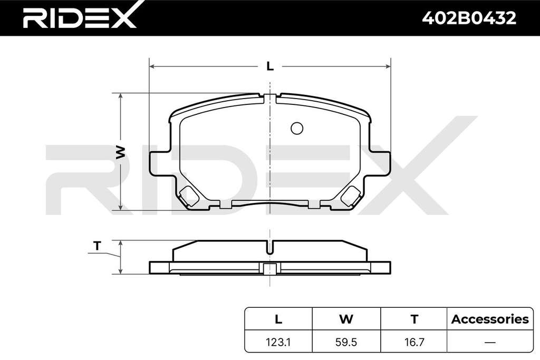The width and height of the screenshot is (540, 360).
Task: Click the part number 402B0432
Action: pos(469,18)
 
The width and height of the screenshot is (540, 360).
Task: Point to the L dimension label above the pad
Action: pos(270,66)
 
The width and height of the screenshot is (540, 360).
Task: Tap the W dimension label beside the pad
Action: pos(120,152)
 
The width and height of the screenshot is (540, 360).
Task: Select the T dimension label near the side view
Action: pos(98,246)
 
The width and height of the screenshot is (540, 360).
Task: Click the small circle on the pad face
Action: pos(297,129)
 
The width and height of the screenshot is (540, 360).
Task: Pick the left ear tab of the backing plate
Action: pos(161,163)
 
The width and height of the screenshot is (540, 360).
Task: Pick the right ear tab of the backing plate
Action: pos(380,163)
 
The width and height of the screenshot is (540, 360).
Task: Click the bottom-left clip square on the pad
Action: pos(189,197)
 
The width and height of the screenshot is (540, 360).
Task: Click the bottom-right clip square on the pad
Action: pos(351,197)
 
